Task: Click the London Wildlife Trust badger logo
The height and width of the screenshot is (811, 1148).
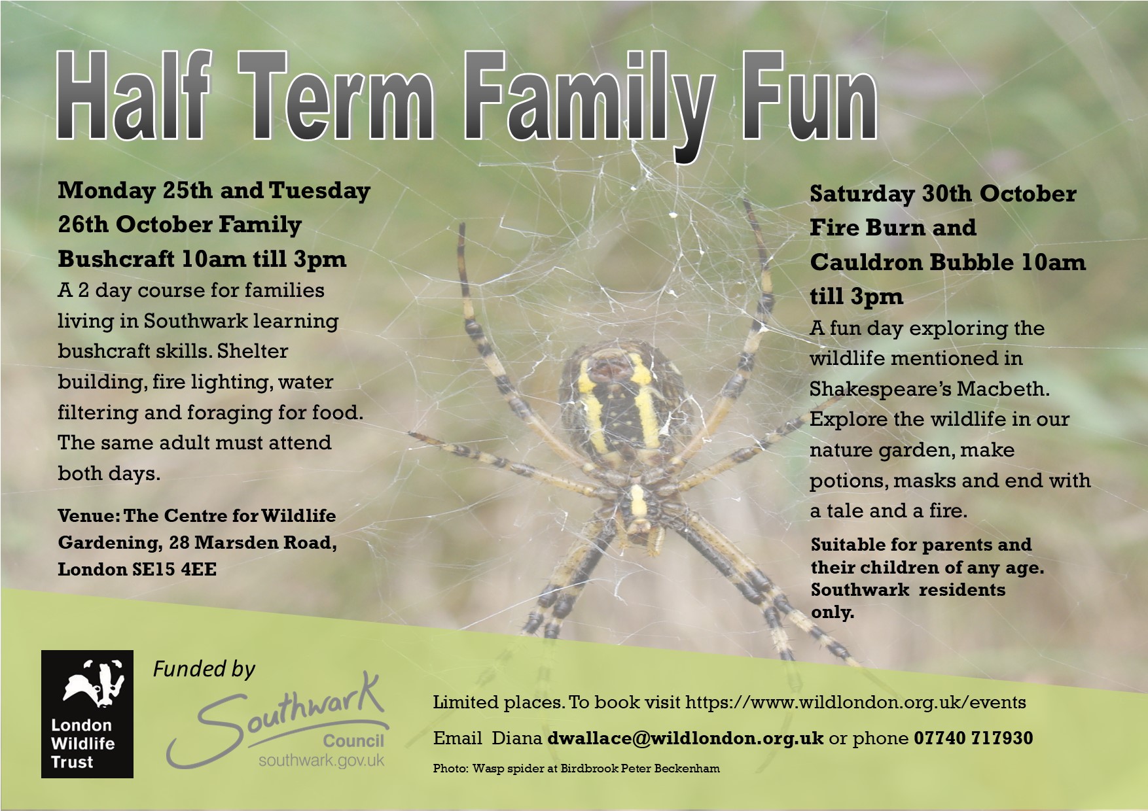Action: pos(87,714)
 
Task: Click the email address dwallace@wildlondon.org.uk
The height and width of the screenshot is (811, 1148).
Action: pos(685,738)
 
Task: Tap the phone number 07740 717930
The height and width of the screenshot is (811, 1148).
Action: pos(973,738)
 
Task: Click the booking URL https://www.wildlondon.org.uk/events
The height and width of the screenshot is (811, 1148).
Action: pos(855,702)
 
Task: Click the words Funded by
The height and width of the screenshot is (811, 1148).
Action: pos(204,670)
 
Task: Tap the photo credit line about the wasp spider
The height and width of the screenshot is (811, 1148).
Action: pos(576,768)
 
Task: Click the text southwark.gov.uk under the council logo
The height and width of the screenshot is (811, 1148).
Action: pos(321,761)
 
